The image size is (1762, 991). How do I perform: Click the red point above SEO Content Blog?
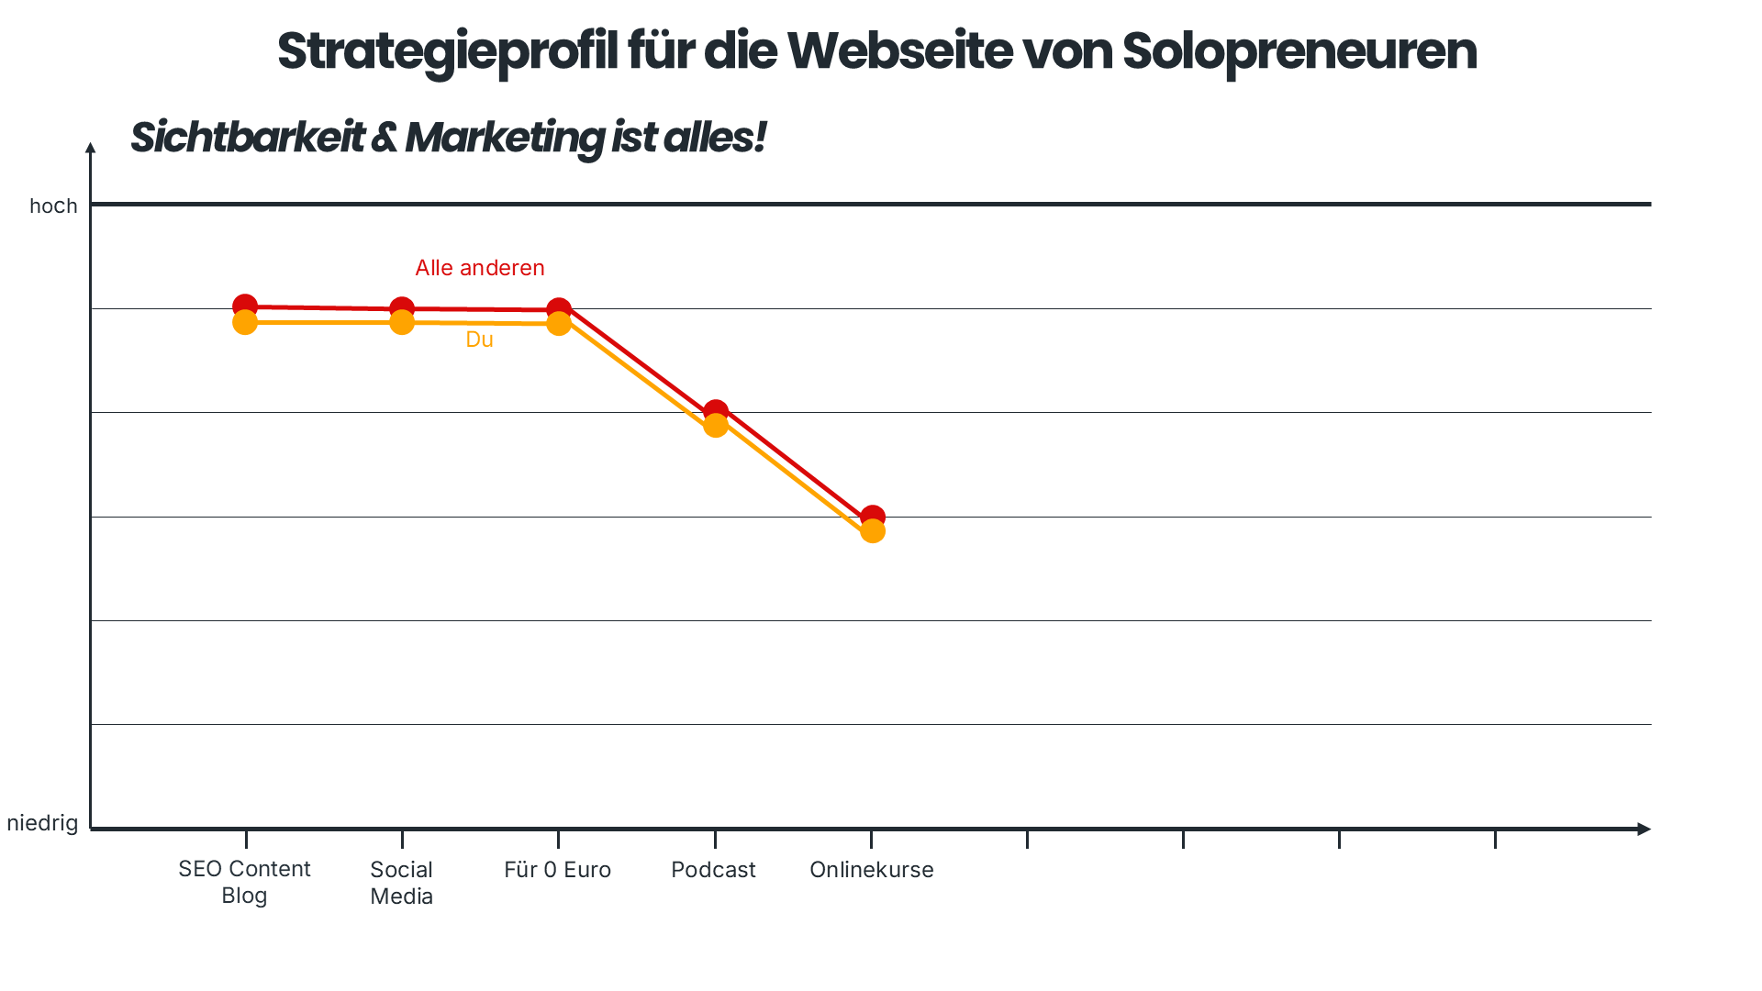245,305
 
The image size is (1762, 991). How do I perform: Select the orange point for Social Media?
402,323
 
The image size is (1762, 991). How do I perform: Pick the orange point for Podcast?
716,426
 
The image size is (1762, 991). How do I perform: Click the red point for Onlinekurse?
873,517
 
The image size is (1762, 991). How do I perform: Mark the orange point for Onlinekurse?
873,532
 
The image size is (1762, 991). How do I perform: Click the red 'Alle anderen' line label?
479,268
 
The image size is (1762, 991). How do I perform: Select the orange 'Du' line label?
479,340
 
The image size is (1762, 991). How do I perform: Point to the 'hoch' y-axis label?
53,206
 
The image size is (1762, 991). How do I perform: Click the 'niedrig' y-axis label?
42,823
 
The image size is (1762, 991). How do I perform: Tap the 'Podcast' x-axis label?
713,870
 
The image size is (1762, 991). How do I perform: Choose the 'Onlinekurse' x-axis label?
871,870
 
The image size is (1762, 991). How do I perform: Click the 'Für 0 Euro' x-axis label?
557,870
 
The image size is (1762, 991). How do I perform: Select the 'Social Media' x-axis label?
401,883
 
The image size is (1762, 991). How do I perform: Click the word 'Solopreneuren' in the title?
1299,51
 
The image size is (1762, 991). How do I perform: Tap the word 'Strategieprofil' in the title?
448,51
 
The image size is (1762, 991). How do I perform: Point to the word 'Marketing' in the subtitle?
504,138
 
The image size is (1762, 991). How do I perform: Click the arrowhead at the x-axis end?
1644,829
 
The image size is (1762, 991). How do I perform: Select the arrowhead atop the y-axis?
90,148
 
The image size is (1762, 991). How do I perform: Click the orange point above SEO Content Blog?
245,323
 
